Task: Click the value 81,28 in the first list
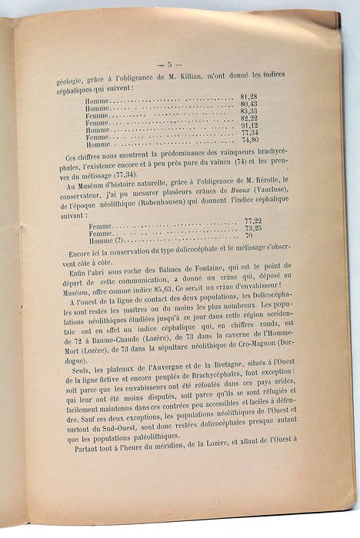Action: pos(248,96)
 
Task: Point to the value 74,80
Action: pos(248,140)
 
